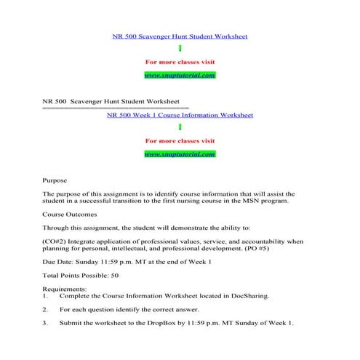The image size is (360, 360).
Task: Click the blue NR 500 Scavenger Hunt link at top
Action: [x=180, y=35]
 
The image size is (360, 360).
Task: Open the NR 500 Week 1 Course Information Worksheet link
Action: [x=180, y=114]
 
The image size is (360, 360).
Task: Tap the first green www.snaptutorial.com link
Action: [x=180, y=75]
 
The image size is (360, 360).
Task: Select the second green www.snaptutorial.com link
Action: [x=180, y=154]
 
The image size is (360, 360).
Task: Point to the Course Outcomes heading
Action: [x=70, y=214]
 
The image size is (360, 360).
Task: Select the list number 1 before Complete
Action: [x=45, y=296]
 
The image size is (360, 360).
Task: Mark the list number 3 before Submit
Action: [x=45, y=322]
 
